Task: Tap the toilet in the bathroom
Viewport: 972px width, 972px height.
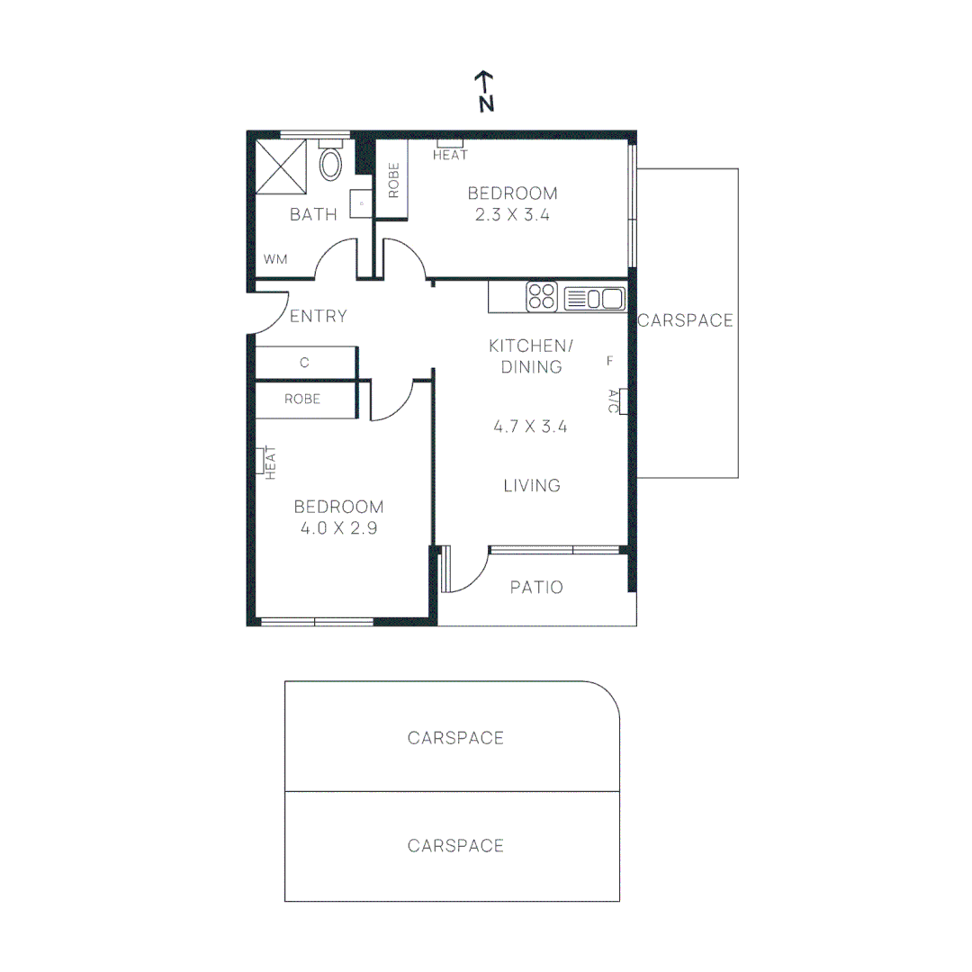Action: tap(331, 162)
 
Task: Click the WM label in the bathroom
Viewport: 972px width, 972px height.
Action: tap(275, 259)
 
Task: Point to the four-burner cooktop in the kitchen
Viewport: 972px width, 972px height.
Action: tap(543, 297)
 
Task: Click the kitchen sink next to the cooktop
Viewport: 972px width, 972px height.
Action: tap(593, 298)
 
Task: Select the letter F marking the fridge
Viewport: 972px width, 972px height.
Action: tap(609, 361)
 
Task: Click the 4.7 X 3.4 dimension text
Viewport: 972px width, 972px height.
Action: tap(530, 427)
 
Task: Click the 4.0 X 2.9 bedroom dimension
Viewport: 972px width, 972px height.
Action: tap(338, 528)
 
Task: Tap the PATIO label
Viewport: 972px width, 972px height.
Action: tap(536, 588)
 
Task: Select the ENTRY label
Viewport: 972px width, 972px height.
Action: tap(318, 316)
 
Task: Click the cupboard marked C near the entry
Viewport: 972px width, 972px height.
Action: tap(305, 363)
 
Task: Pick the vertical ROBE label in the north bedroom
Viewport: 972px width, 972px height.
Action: tap(393, 180)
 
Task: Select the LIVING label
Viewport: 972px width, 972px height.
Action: tap(532, 486)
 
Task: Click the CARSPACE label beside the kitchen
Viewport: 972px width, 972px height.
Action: tap(686, 320)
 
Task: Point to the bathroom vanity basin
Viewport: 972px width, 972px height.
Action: tap(362, 204)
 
